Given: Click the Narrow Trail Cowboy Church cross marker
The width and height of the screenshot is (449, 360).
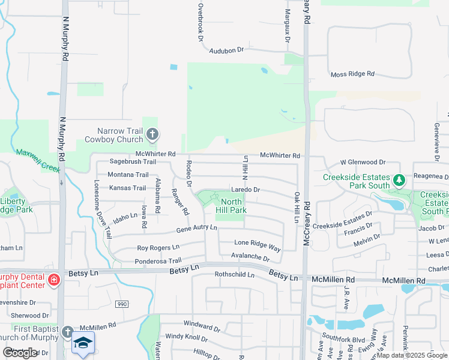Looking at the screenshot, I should tap(152, 134).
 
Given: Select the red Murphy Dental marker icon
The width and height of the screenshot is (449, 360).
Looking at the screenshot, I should tap(53, 280).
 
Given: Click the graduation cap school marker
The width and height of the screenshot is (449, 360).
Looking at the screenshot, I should tap(83, 343).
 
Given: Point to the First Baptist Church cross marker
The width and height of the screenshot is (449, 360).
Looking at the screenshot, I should tap(67, 332).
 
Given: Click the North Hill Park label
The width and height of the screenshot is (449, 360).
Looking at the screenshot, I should tap(231, 206).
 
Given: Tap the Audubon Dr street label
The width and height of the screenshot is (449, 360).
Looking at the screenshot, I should tap(228, 51).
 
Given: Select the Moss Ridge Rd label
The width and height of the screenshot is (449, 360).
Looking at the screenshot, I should tap(352, 74).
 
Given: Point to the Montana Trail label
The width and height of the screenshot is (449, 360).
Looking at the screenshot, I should tap(128, 175).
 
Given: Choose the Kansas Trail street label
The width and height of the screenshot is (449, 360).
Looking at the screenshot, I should tap(127, 188).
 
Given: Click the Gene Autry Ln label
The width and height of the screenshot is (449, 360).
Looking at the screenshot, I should tap(196, 229).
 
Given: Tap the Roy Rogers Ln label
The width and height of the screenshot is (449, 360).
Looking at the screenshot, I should tap(158, 247).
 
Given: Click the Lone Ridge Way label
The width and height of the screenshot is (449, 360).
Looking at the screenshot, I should tap(258, 245).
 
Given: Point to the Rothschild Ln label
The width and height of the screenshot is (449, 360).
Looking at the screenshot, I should tap(235, 275).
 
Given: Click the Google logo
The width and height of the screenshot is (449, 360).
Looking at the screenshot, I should tap(20, 353).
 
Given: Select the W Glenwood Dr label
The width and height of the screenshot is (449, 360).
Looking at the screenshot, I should tap(363, 162).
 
